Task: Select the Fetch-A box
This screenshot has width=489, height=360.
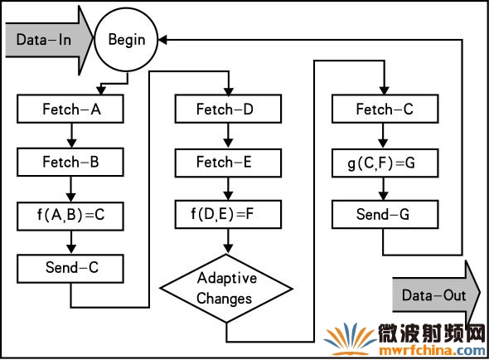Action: pos(70,109)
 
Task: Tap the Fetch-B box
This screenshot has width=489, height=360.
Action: pos(70,162)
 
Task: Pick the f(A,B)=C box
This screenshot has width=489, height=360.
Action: pos(70,216)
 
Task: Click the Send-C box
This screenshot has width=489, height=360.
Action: pos(70,269)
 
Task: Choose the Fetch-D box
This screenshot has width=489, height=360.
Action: pos(228,109)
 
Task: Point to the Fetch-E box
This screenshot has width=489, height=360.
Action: pos(228,163)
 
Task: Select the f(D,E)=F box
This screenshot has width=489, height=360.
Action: pos(228,215)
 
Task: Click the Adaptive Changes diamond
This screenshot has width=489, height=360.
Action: pos(226,289)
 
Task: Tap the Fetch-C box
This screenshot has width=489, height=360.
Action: pos(385,109)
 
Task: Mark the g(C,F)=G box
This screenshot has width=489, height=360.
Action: pos(385,163)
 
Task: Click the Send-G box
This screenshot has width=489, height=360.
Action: pos(385,215)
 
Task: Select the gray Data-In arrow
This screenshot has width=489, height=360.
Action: pos(49,40)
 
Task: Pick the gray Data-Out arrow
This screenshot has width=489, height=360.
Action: pos(436,295)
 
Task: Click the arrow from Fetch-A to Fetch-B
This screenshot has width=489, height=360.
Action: pos(71,135)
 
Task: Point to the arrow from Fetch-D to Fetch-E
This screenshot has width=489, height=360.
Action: pos(228,135)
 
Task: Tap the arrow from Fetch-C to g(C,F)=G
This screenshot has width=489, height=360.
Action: pos(383,135)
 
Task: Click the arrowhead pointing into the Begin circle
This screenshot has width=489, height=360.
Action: pos(162,40)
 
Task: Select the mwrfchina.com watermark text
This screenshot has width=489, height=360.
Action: pos(433,351)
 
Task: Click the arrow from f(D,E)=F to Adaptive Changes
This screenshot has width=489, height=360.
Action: pos(228,241)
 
